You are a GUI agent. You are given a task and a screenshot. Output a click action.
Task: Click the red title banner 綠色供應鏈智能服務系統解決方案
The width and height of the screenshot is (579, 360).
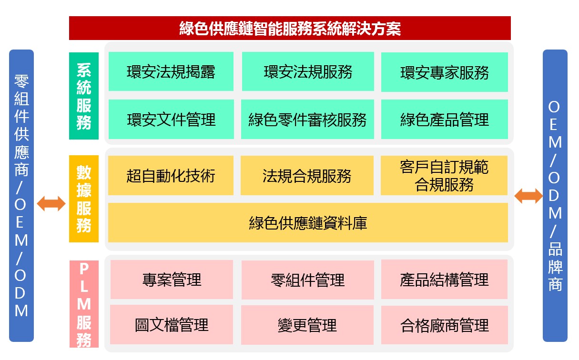tap(290, 28)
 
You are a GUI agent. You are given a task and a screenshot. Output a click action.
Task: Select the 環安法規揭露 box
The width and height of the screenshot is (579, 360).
tap(171, 71)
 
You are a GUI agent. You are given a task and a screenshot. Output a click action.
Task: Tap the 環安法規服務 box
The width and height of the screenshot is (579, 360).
tap(308, 71)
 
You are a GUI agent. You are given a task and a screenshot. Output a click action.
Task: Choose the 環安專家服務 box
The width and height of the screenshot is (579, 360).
tap(444, 72)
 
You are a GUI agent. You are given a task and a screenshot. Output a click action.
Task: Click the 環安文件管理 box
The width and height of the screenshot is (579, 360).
tap(171, 120)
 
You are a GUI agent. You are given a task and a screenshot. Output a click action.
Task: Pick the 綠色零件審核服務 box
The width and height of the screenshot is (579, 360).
tap(307, 120)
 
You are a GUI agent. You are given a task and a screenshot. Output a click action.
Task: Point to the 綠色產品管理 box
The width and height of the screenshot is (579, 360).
tap(444, 120)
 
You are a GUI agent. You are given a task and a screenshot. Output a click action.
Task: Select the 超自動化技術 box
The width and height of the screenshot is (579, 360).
tap(171, 175)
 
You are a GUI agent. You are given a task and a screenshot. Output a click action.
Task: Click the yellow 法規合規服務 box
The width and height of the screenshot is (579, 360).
tap(307, 175)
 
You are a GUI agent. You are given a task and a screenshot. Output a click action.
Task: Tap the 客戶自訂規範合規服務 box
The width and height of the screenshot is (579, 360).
tap(444, 175)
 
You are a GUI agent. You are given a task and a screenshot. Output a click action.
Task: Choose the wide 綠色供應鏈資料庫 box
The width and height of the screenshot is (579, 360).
tap(308, 222)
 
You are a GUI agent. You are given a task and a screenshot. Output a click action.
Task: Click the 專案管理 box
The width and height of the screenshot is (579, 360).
tap(172, 280)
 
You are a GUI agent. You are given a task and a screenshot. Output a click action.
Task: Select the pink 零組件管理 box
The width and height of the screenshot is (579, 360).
tap(307, 280)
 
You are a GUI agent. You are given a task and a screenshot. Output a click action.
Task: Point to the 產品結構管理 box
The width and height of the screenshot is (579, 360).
tap(444, 280)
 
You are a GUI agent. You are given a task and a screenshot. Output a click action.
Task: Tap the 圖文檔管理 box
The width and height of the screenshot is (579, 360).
tap(172, 325)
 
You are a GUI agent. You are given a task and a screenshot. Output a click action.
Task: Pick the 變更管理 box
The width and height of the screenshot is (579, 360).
tap(307, 325)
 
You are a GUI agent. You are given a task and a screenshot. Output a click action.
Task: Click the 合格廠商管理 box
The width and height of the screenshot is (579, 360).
tap(444, 325)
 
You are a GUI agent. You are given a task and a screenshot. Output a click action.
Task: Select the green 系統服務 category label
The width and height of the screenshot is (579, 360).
tap(84, 96)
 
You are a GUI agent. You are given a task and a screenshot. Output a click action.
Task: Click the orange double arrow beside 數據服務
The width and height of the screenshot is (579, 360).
tap(51, 203)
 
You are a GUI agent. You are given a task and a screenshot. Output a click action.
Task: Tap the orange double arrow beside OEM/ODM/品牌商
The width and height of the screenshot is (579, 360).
tap(528, 196)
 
